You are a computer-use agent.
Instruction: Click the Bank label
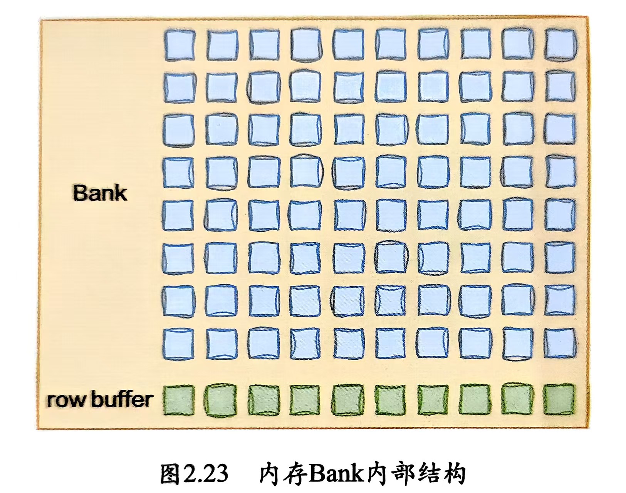[100, 193]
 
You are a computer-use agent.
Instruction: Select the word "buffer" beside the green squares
[122, 399]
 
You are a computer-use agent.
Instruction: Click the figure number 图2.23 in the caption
[194, 473]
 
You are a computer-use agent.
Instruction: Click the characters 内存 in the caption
[283, 473]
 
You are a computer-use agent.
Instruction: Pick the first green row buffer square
[179, 401]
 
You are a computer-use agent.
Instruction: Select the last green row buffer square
[559, 400]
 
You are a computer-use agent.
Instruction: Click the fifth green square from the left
[348, 401]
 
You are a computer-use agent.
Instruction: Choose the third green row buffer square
[264, 401]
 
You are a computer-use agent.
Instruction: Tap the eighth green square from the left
[475, 401]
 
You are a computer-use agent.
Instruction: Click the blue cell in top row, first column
[180, 45]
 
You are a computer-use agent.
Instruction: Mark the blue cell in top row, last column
[561, 45]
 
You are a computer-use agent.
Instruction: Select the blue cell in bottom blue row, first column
[178, 343]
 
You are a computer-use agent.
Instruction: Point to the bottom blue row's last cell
[560, 343]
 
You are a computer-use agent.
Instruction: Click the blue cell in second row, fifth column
[349, 87]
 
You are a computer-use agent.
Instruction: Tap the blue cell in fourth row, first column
[178, 172]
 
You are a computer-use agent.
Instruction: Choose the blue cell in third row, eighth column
[476, 129]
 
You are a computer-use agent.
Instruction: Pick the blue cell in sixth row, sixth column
[391, 257]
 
